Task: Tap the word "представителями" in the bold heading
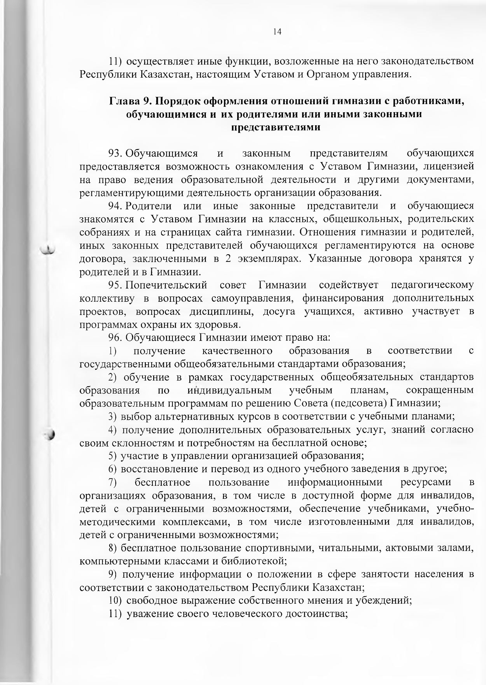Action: click(276, 127)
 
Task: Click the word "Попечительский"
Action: click(166, 285)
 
